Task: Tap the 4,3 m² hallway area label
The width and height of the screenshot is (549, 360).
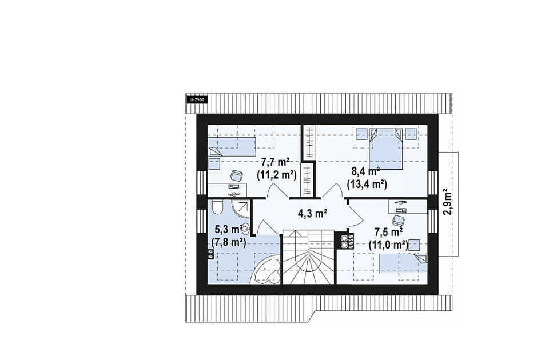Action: click(x=312, y=213)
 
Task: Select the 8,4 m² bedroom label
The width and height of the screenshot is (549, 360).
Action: click(x=366, y=171)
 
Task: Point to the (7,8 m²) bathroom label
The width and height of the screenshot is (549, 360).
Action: click(x=229, y=242)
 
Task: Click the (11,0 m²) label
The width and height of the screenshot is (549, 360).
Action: click(x=388, y=245)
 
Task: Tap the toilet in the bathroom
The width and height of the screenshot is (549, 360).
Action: click(x=217, y=207)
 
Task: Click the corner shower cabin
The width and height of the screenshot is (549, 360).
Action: click(x=240, y=209)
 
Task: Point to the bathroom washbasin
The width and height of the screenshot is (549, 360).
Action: click(x=246, y=230)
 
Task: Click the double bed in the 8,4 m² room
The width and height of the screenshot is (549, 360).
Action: click(x=385, y=149)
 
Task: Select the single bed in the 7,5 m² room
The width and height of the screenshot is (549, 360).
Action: click(x=403, y=263)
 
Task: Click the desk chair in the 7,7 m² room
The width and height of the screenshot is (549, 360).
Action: click(x=237, y=176)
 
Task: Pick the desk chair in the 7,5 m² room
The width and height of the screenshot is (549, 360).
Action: click(x=398, y=221)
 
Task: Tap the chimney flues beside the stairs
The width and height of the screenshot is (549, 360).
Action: click(x=345, y=241)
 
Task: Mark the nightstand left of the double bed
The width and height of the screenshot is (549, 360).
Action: click(x=361, y=134)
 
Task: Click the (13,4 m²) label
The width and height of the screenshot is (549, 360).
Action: click(x=367, y=184)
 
